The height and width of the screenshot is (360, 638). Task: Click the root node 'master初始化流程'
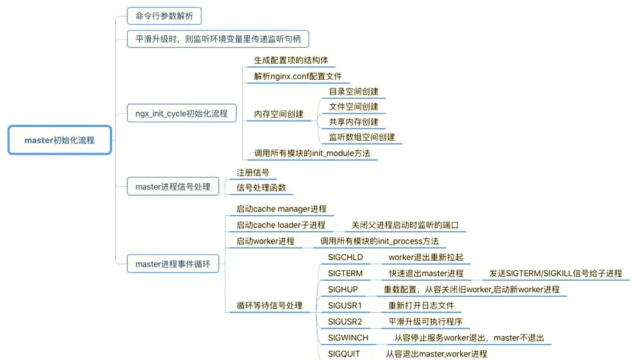[60, 140]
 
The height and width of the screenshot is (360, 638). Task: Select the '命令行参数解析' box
[164, 16]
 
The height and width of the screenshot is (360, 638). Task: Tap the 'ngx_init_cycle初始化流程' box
[181, 113]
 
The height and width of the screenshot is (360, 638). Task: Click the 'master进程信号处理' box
[173, 187]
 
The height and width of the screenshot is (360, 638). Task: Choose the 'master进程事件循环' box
[173, 264]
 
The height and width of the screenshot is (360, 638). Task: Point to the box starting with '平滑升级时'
[217, 38]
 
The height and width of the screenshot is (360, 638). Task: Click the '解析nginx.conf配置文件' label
[298, 76]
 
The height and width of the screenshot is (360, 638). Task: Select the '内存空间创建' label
[279, 114]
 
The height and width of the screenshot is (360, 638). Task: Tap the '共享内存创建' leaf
[354, 122]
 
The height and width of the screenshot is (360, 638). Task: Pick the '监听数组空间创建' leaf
[362, 137]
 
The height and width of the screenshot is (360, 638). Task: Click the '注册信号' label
[253, 172]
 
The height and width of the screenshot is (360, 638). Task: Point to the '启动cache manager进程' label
[281, 209]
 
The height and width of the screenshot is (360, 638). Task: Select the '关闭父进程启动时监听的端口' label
[405, 225]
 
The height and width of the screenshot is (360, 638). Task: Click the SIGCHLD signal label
[346, 257]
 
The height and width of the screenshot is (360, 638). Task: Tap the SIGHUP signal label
[343, 290]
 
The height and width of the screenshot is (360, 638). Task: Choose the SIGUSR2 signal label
[345, 322]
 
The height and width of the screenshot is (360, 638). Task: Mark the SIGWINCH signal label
[349, 338]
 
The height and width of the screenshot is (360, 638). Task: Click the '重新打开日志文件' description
[421, 306]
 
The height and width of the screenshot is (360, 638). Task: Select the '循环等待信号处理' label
[269, 306]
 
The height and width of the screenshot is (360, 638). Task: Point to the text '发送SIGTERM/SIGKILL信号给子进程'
[555, 273]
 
